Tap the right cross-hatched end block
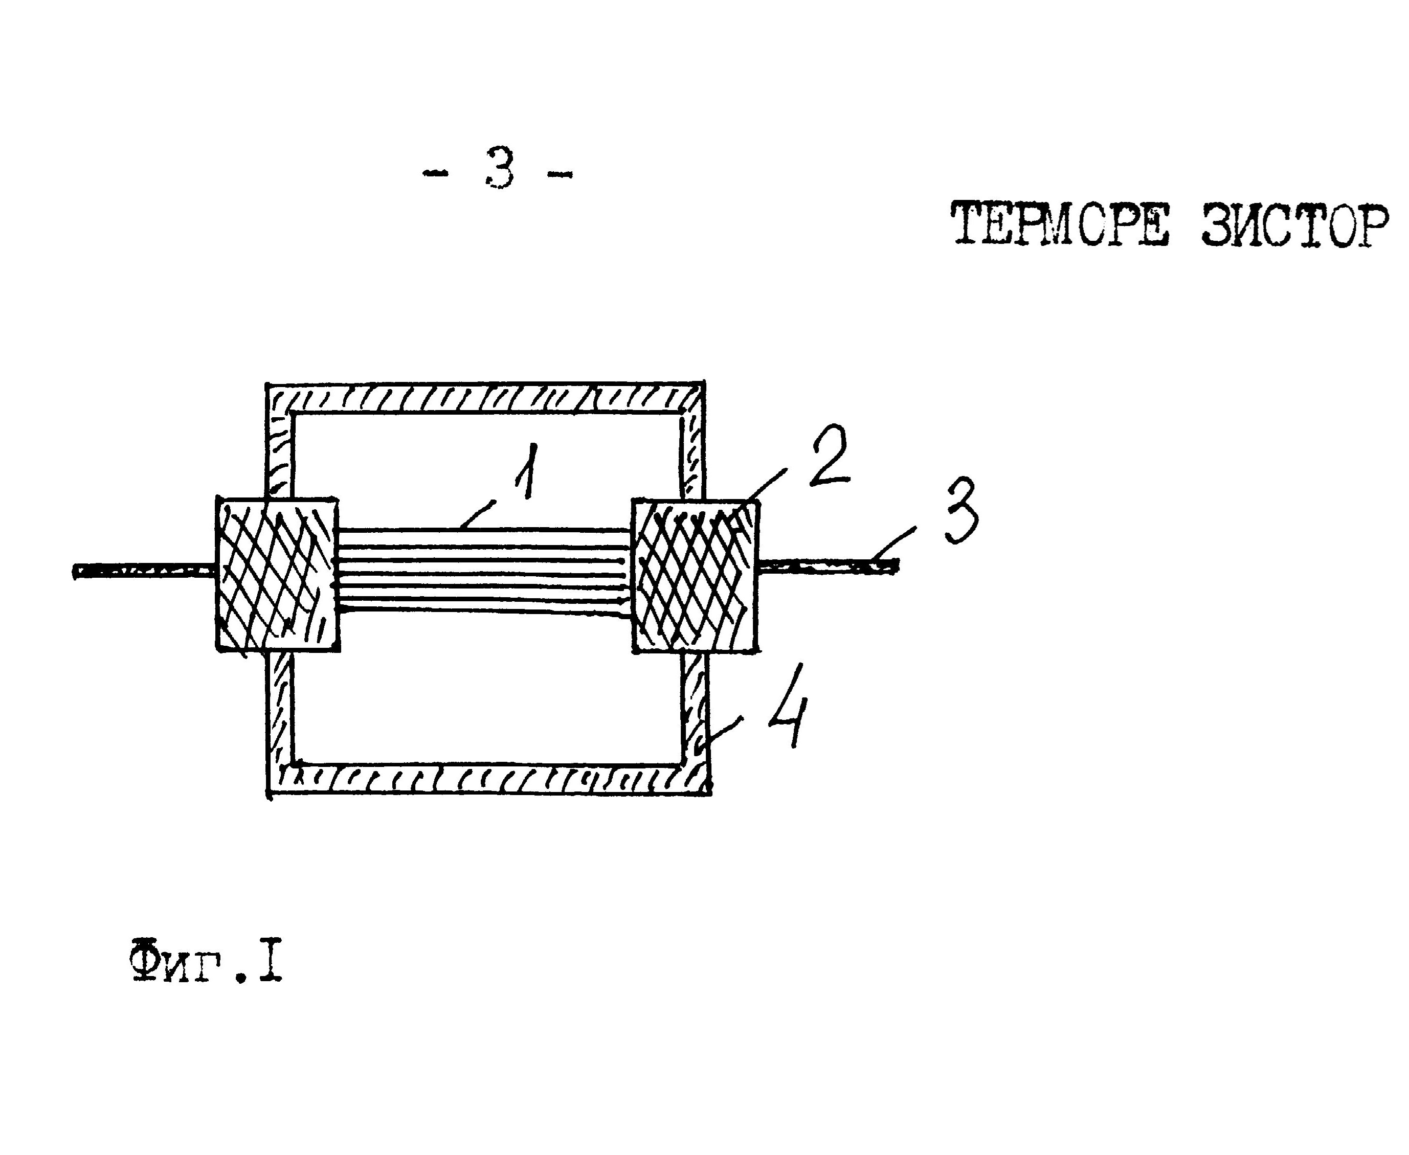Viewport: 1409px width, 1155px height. click(x=695, y=576)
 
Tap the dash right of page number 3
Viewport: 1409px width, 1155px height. click(x=559, y=175)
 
